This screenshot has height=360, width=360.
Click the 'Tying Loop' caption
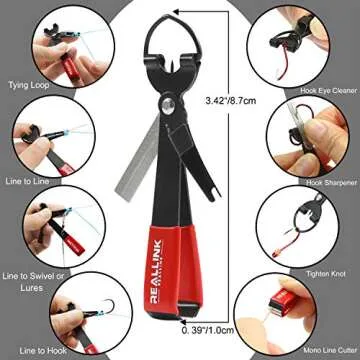pyautogui.click(x=29, y=87)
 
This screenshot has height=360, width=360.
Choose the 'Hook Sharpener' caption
pyautogui.click(x=329, y=181)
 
